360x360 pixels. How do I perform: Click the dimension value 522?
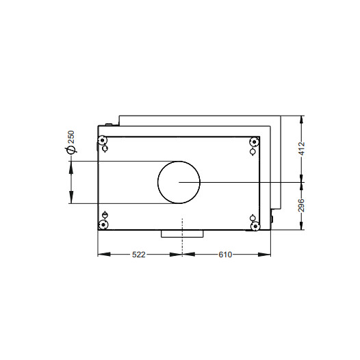tap(139, 255)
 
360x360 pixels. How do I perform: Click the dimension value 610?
tap(225, 255)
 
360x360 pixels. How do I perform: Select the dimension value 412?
tap(302, 149)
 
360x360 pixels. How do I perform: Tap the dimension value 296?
tap(302, 205)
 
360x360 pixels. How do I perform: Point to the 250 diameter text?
tap(71, 137)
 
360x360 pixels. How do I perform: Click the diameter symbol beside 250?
tap(70, 150)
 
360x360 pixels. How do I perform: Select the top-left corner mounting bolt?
tap(102, 140)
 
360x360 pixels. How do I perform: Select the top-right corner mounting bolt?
tap(255, 142)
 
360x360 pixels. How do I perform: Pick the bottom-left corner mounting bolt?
tap(103, 224)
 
